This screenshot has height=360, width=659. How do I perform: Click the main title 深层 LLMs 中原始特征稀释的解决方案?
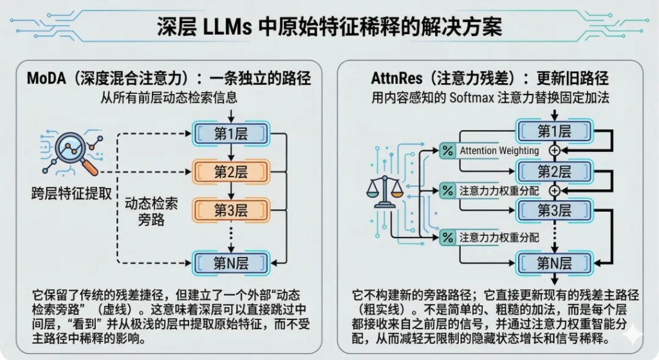click(x=329, y=28)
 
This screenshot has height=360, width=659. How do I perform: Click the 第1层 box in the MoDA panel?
click(x=230, y=134)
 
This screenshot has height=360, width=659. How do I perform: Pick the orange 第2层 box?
click(x=230, y=172)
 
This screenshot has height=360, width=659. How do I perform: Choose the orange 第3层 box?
click(x=230, y=210)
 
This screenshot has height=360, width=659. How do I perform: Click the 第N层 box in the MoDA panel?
click(x=230, y=261)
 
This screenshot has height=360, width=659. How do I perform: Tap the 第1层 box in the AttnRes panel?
click(x=554, y=132)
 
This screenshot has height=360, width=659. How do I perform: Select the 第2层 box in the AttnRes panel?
click(x=554, y=171)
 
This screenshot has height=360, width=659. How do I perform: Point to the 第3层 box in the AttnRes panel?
click(x=554, y=211)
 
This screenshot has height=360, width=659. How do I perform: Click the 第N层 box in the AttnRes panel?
click(x=554, y=262)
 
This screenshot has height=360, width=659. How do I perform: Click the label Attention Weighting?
click(x=499, y=151)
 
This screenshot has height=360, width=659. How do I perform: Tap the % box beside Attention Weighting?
click(x=447, y=151)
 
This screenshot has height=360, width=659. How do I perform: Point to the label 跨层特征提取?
click(x=71, y=193)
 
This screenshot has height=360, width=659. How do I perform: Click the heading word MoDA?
click(x=46, y=79)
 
